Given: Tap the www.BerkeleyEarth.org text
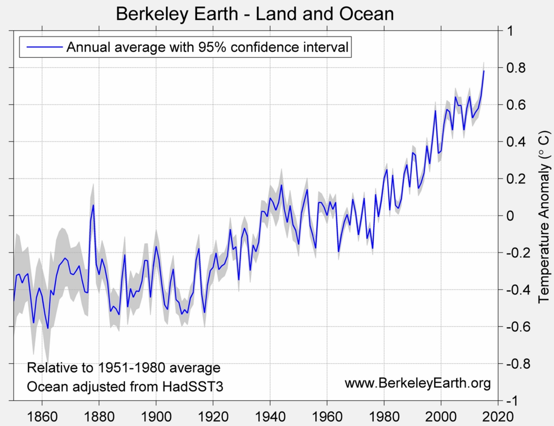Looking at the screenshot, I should pyautogui.click(x=418, y=383).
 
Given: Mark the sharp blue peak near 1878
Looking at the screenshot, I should pyautogui.click(x=93, y=205).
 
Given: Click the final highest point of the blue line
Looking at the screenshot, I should pyautogui.click(x=484, y=71).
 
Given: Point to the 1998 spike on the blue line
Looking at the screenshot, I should pyautogui.click(x=435, y=110).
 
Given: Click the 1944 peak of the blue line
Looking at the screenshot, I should pyautogui.click(x=281, y=185).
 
